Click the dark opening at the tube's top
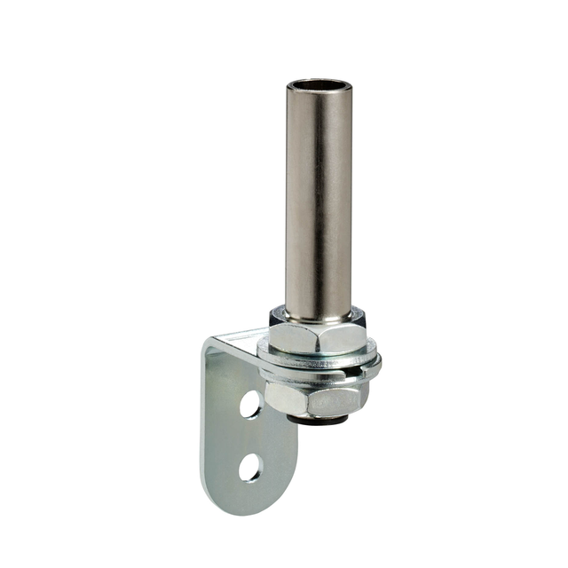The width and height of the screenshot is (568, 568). click(x=319, y=86)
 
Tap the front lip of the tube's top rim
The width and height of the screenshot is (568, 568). click(x=319, y=93)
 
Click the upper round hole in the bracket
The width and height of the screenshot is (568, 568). click(x=250, y=405)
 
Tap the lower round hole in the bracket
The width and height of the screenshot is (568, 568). click(x=250, y=467)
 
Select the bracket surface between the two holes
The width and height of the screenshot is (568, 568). click(x=249, y=436)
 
